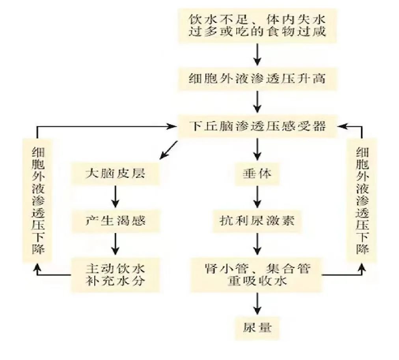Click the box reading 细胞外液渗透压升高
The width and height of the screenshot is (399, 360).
[257, 79]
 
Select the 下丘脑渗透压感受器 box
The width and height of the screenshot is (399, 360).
[257, 126]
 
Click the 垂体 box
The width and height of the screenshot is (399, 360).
[257, 173]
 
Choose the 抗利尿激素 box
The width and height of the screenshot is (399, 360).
[257, 221]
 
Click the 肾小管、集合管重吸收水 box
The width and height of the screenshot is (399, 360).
[257, 275]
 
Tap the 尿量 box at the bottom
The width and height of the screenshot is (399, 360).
[257, 328]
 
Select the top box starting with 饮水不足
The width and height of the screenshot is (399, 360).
[257, 26]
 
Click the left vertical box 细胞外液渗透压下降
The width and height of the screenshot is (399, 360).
[37, 200]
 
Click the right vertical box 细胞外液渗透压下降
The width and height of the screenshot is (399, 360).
[362, 200]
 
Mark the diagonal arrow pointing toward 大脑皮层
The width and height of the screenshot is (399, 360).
[168, 150]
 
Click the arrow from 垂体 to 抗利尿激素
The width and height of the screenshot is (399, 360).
[257, 197]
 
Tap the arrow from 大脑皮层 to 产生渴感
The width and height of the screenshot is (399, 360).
[116, 197]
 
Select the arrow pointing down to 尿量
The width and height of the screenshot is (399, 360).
[257, 304]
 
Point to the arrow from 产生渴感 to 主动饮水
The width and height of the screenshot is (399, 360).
[116, 244]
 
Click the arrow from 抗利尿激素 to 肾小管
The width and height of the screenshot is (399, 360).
[257, 244]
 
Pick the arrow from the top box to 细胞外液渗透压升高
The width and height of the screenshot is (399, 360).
[257, 54]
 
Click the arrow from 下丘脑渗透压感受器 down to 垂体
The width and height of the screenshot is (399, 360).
[257, 149]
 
